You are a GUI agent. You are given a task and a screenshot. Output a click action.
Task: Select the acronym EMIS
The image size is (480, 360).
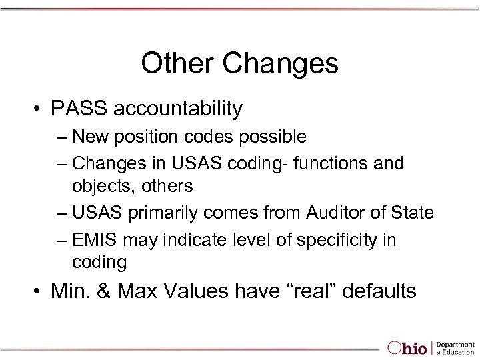pyautogui.click(x=94, y=239)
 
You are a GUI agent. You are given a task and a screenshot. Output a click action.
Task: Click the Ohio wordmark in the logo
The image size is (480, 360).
pyautogui.click(x=408, y=347)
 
